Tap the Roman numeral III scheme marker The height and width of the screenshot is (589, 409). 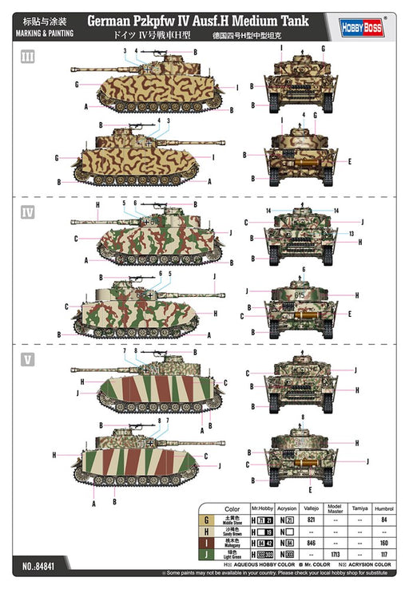tap(28, 57)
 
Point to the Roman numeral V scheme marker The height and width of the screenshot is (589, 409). tap(28, 358)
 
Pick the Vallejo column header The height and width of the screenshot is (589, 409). tap(315, 508)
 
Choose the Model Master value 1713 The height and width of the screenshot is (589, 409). tap(336, 553)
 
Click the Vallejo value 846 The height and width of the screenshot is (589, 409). tap(315, 543)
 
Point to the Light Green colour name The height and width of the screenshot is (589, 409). tap(232, 556)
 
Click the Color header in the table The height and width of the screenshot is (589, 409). tap(232, 508)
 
